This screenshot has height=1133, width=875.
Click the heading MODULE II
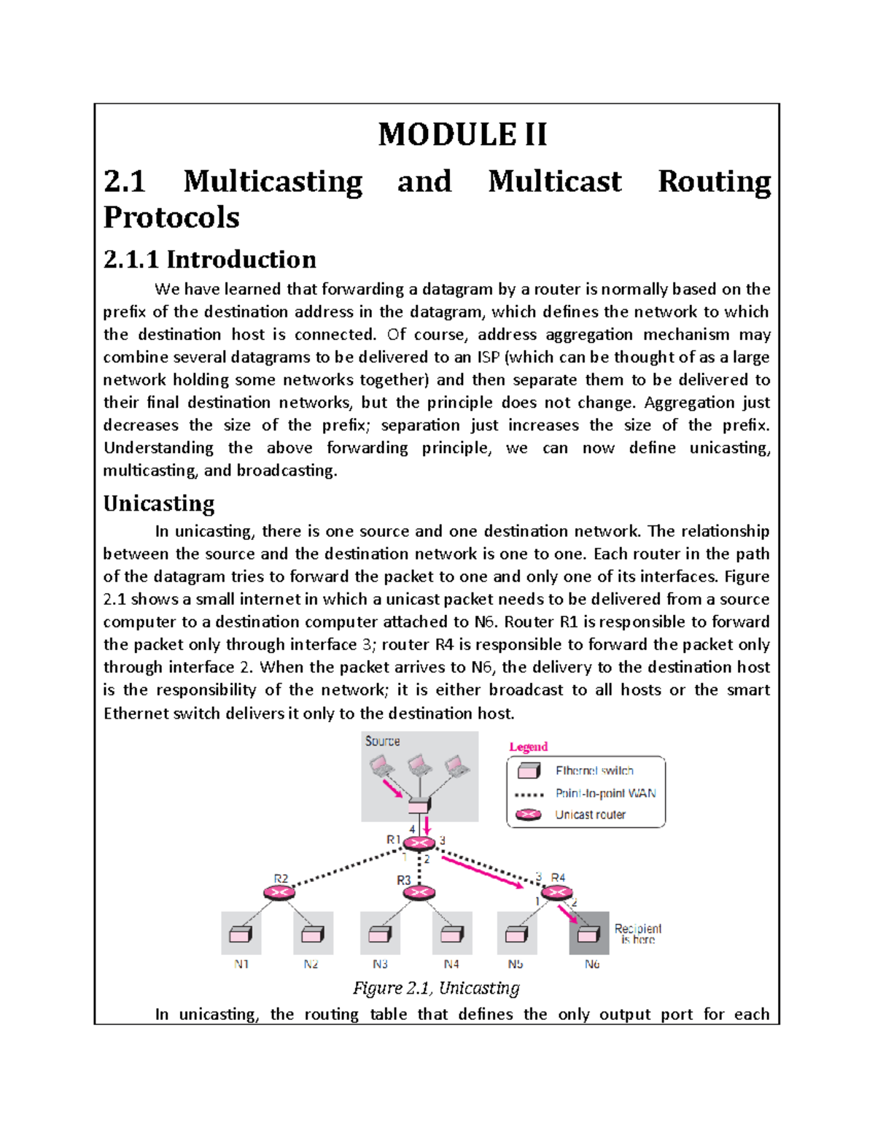(462, 134)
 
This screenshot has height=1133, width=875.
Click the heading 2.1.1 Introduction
(210, 260)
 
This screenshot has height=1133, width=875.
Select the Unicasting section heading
(159, 503)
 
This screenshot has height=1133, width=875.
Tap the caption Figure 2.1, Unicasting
(436, 988)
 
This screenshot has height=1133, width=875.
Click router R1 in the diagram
(419, 843)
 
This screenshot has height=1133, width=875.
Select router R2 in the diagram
(279, 893)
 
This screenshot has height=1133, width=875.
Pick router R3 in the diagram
(419, 892)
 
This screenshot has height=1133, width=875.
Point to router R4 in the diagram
(556, 892)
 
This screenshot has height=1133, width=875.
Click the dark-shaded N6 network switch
(588, 934)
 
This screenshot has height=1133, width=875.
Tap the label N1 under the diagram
(241, 964)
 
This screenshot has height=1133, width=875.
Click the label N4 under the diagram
(451, 964)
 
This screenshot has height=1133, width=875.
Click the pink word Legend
(528, 746)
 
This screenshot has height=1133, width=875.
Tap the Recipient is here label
(637, 934)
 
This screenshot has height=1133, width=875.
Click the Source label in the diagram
(382, 741)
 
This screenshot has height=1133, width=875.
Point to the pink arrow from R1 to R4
(482, 872)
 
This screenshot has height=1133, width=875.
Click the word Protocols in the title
(171, 217)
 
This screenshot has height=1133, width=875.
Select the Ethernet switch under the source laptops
(419, 805)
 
